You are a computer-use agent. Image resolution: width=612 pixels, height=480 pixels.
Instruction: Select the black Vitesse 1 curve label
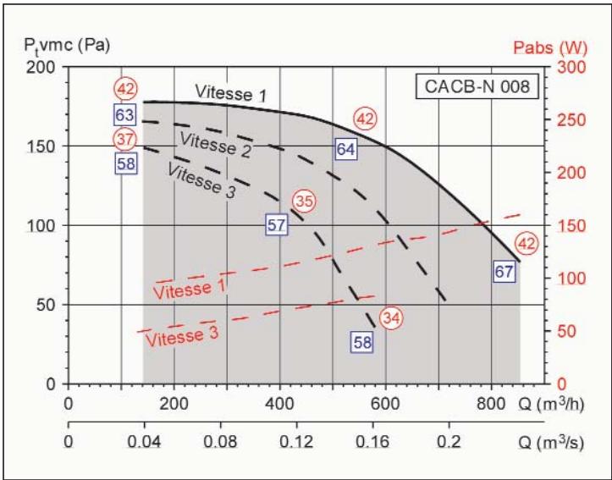pos(229,92)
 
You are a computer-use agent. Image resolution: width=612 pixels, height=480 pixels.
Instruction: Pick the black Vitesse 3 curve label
pos(200,179)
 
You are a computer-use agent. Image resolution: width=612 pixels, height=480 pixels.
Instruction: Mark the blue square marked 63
pos(125,114)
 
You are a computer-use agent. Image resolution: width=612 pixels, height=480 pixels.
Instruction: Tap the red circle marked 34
pos(390,317)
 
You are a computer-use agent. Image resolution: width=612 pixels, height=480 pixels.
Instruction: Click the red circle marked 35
pos(303,201)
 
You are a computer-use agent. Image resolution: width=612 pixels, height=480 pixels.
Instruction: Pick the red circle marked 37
pos(125,139)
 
